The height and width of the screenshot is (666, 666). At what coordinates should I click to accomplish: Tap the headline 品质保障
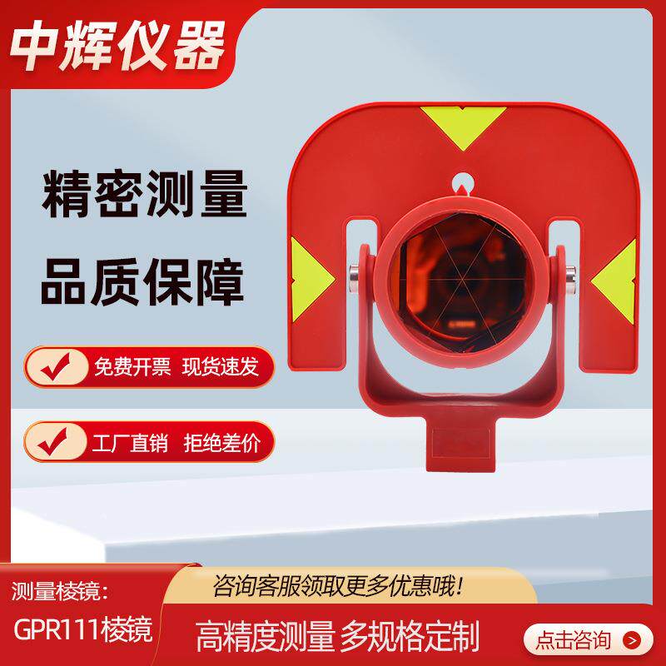click(144, 284)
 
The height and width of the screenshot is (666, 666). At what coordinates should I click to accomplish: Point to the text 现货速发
click(221, 367)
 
